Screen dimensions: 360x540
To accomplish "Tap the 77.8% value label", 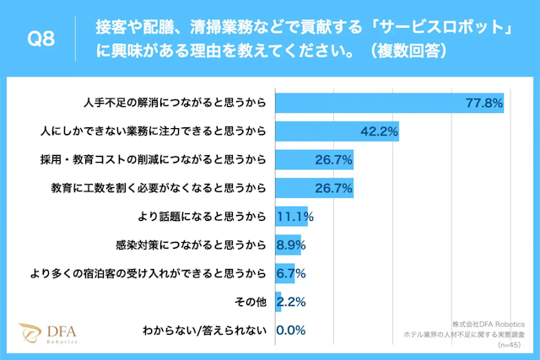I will pos(484,103).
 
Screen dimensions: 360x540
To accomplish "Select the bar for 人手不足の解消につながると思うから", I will pos(389,103).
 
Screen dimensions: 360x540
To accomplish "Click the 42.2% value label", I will pos(379,132).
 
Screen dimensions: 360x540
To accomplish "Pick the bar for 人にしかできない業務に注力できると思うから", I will pos(337,132).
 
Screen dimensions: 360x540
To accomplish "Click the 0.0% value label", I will pos(290,330).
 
